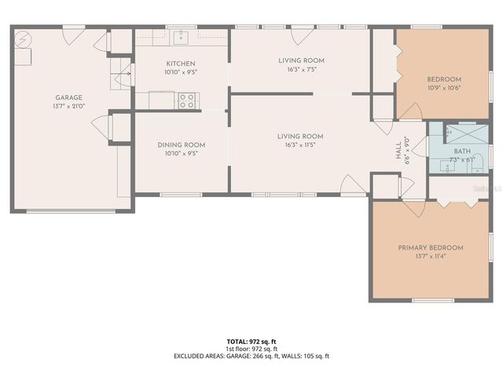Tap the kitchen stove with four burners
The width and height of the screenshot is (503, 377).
click(x=188, y=100)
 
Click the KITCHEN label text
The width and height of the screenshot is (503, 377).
click(x=180, y=64)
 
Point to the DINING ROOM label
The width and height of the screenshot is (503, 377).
click(x=181, y=145)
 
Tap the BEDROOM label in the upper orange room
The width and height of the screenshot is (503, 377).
click(x=444, y=79)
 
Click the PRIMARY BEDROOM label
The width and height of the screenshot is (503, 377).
click(x=430, y=247)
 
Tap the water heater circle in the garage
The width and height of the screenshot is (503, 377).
click(x=24, y=38)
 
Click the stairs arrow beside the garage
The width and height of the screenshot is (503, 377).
click(x=121, y=76)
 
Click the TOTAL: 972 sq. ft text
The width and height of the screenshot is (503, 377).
click(x=251, y=341)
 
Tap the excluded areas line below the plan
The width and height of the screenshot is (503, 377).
click(x=251, y=356)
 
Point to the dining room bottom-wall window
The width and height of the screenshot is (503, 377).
click(x=181, y=193)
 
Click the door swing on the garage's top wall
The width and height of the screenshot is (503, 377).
click(x=72, y=35)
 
